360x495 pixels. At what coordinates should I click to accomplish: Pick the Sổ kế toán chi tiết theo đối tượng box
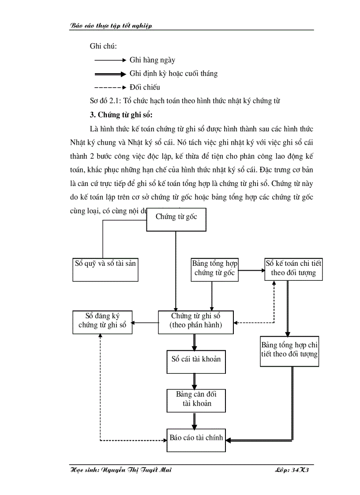point(293,269)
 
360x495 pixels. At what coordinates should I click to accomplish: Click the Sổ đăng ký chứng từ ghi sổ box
point(102,322)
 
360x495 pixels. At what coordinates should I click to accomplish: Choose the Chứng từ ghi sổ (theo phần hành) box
point(196,322)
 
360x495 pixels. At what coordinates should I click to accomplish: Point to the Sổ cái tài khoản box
point(196,362)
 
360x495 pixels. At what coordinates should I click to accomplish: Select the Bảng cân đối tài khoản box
point(196,400)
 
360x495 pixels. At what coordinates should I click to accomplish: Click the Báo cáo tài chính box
point(196,439)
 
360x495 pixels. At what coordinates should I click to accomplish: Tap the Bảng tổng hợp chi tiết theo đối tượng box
point(289,351)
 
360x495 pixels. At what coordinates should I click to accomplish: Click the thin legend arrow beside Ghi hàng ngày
point(110,60)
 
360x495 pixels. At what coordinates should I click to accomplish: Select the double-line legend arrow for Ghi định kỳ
point(110,74)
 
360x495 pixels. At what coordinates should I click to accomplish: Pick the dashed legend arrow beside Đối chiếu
point(110,87)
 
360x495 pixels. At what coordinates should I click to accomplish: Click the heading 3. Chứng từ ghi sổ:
point(121,115)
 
